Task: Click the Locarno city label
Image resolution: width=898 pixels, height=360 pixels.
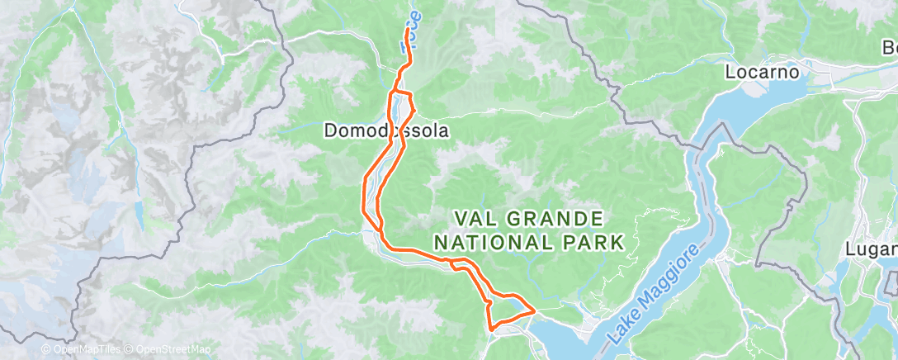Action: tap(763, 72)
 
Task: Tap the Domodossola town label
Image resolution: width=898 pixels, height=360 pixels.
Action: tap(386, 130)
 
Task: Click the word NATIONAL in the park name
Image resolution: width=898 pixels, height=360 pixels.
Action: tap(500, 242)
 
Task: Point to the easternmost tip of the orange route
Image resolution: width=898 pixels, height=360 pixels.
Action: tap(535, 310)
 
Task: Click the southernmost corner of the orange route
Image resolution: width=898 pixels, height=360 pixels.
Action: tap(492, 328)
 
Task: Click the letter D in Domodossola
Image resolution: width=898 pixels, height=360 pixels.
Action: tap(330, 130)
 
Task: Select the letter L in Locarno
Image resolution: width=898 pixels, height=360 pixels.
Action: tap(730, 72)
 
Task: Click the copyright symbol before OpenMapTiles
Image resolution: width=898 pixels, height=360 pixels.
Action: tap(45, 349)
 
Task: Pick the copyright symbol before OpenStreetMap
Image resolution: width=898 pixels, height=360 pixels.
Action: tap(130, 349)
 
